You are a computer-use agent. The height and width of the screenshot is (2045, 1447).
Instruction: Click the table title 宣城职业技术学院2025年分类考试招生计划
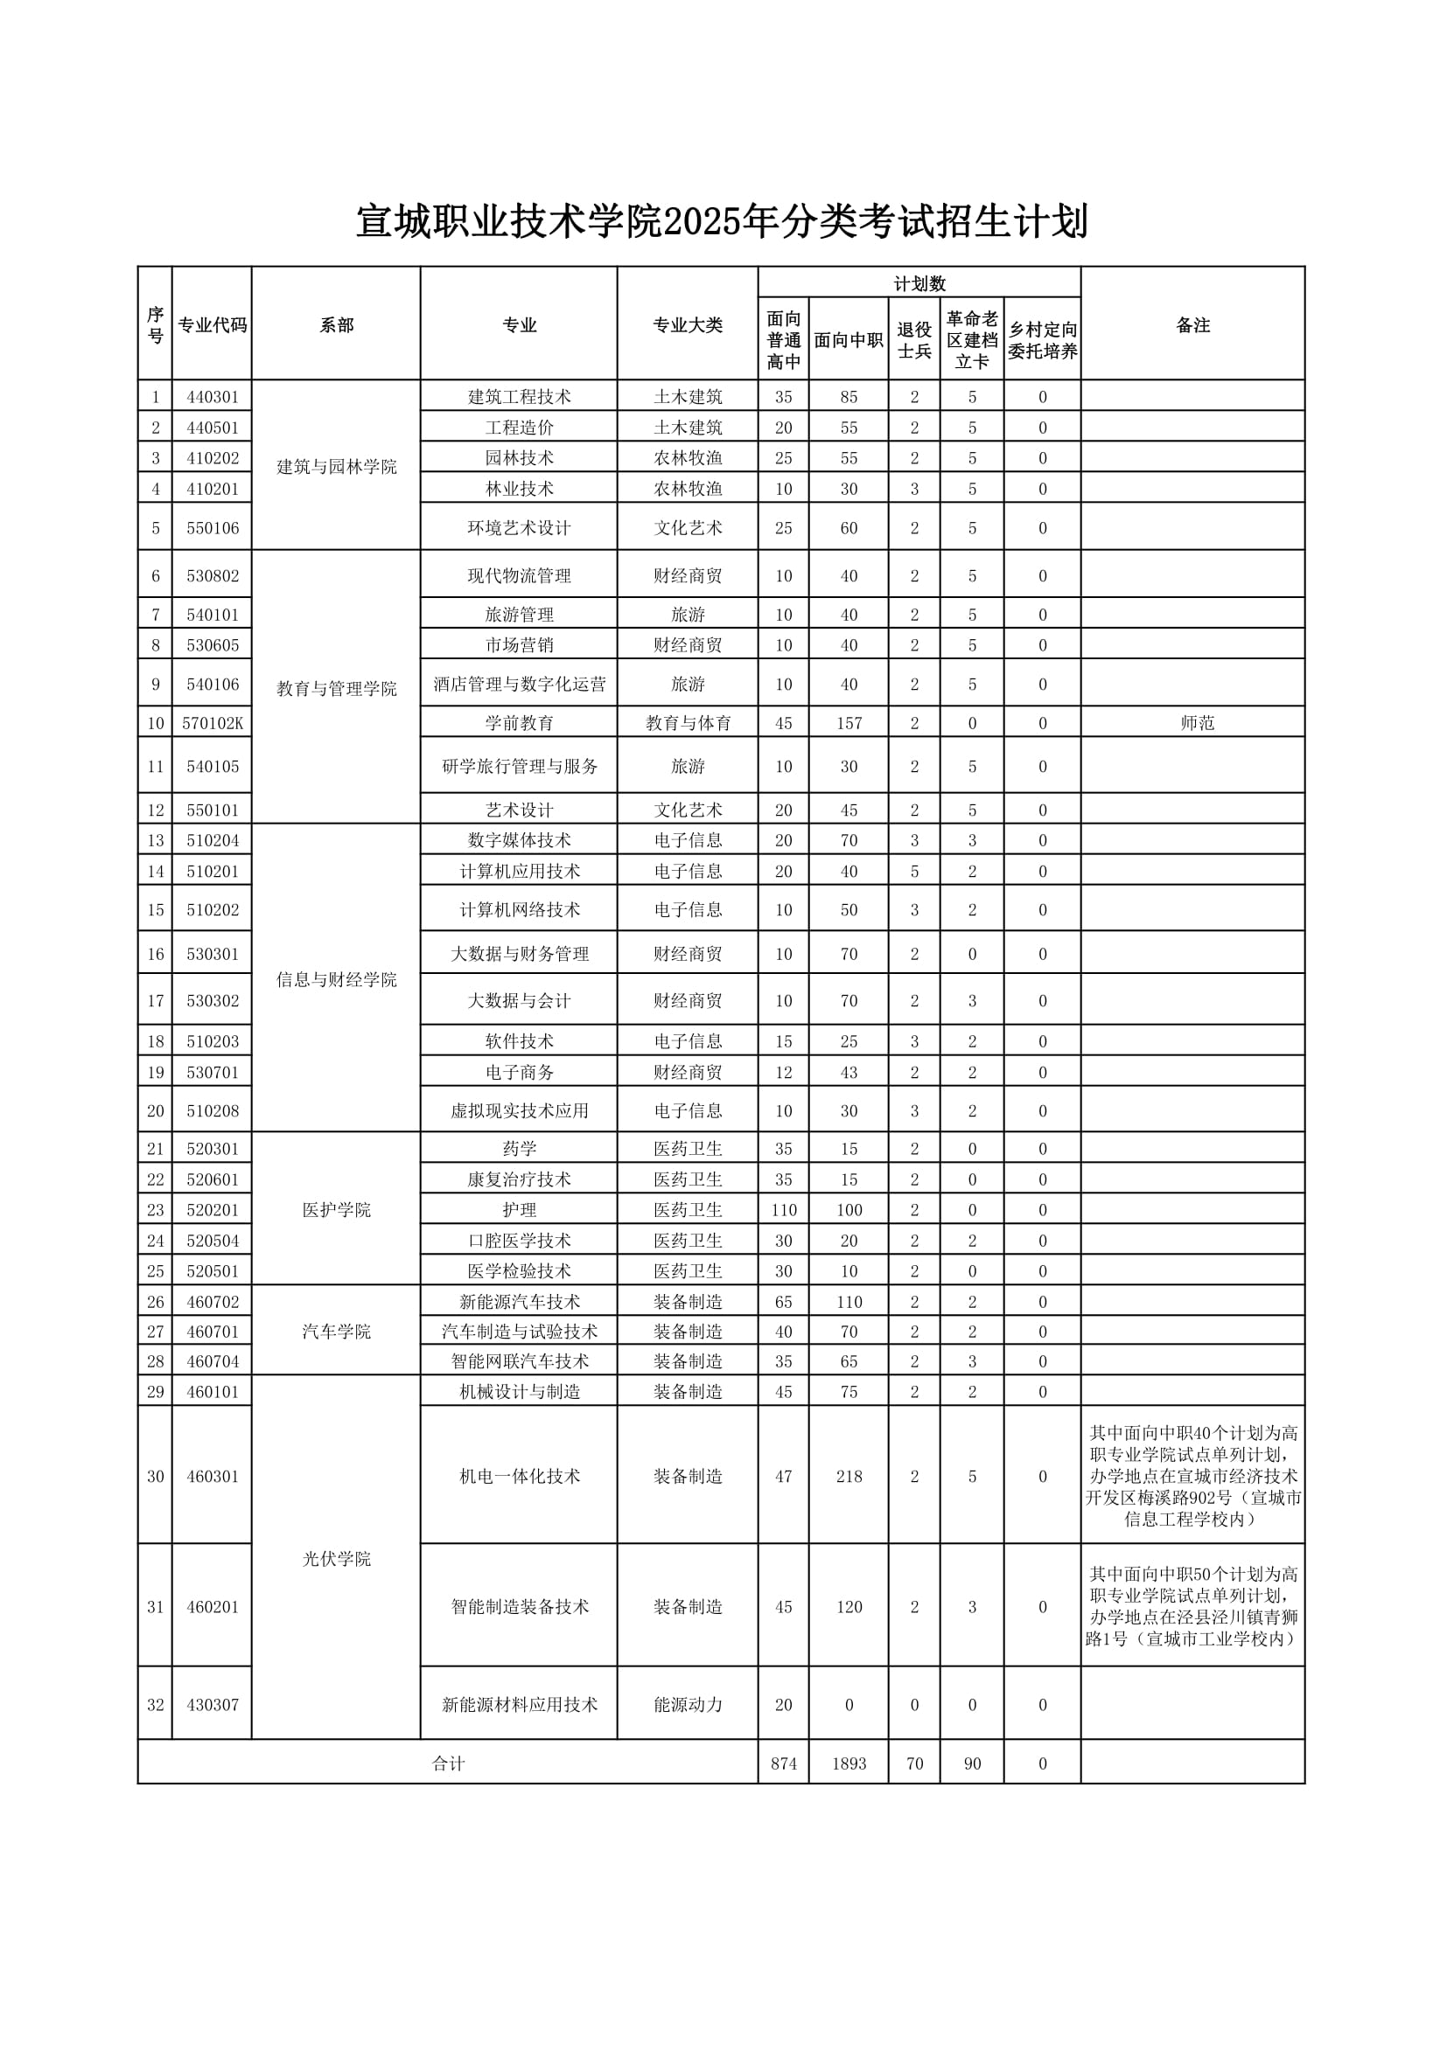pos(723,222)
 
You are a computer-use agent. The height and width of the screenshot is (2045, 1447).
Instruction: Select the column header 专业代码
pos(212,325)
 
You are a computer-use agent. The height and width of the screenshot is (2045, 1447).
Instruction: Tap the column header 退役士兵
pos(914,340)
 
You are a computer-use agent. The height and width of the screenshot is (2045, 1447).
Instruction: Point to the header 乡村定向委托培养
pos(1043,340)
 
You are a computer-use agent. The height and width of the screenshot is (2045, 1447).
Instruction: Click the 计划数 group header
pos(919,283)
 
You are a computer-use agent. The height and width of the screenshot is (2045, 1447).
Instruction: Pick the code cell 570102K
pos(212,723)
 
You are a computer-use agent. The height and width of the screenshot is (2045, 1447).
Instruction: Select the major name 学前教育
pos(520,723)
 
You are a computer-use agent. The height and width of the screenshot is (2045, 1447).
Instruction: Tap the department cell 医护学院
pos(336,1209)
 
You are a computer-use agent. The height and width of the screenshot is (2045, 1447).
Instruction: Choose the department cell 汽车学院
pos(336,1332)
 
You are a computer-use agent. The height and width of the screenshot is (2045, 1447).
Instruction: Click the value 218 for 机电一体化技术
pos(849,1476)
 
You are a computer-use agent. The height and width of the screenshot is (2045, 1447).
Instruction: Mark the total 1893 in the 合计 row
pos(849,1763)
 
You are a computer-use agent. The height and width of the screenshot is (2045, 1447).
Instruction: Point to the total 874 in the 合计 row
pos(783,1763)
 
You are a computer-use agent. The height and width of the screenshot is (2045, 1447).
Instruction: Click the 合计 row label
pos(448,1763)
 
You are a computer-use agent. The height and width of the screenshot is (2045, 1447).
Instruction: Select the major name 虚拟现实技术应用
pos(520,1110)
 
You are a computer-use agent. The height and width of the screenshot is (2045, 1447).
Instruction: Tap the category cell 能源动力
pos(688,1705)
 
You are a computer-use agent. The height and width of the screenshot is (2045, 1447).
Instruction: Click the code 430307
pos(212,1705)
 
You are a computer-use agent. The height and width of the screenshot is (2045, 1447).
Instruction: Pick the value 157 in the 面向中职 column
pos(849,723)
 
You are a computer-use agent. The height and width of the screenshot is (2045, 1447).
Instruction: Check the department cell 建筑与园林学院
pos(336,467)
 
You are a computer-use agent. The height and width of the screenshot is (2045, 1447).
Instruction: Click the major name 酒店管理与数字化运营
pos(520,684)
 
